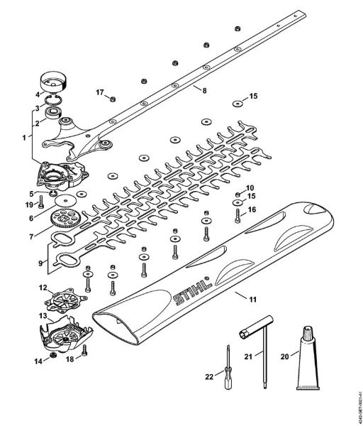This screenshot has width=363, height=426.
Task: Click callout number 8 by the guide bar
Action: pyautogui.click(x=204, y=91)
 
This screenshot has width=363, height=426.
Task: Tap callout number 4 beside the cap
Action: pyautogui.click(x=38, y=94)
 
